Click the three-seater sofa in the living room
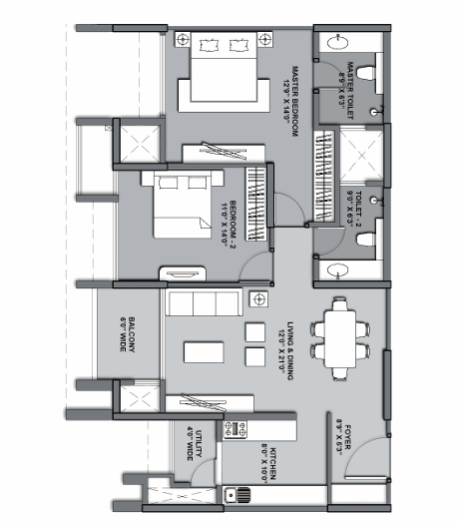click(203, 302)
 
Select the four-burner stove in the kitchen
click(238, 429)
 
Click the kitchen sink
click(239, 492)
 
